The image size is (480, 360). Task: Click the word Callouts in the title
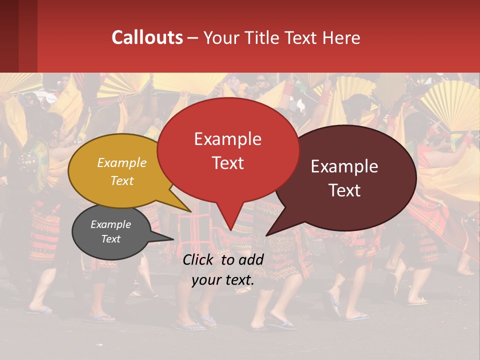pyautogui.click(x=147, y=37)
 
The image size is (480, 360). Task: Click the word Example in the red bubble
pyautogui.click(x=227, y=139)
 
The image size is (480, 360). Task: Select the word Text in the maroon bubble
pyautogui.click(x=345, y=190)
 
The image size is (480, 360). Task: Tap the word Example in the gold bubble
pyautogui.click(x=122, y=163)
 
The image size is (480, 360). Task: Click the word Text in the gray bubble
pyautogui.click(x=110, y=239)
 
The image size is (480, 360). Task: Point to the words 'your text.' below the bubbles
pyautogui.click(x=223, y=280)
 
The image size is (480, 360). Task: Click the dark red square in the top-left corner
pyautogui.click(x=18, y=36)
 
